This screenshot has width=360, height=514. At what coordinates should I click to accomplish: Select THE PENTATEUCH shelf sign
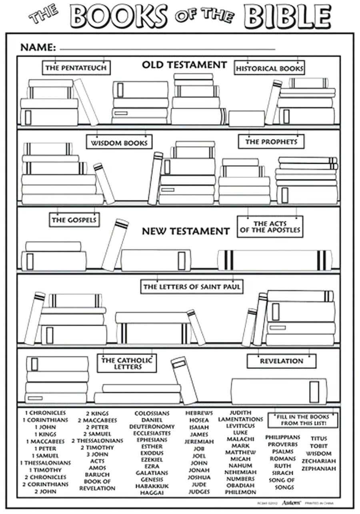tap(76, 68)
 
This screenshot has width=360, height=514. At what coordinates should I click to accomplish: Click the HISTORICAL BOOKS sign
tap(270, 68)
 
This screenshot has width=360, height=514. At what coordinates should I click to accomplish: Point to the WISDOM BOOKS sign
tap(119, 143)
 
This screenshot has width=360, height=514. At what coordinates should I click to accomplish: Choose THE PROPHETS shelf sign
tap(271, 141)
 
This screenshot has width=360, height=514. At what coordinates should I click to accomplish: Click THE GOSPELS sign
tap(74, 219)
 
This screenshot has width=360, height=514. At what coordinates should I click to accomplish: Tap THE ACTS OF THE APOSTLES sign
tap(270, 227)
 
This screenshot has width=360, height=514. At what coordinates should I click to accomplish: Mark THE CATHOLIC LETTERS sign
tap(126, 363)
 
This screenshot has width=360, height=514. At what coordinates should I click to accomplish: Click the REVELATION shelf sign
tap(281, 361)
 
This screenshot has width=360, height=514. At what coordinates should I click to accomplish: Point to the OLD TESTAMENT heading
tap(184, 65)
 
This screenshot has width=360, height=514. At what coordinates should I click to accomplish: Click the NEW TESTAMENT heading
tap(186, 231)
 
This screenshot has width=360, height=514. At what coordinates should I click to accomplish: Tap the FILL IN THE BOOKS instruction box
tap(303, 420)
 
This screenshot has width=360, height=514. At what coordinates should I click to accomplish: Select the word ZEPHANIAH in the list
tap(319, 468)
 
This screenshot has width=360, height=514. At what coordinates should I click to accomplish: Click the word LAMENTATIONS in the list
tap(240, 419)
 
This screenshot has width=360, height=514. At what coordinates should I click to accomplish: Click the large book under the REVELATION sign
tap(279, 391)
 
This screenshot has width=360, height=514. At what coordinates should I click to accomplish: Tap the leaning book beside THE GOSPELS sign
tap(114, 245)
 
